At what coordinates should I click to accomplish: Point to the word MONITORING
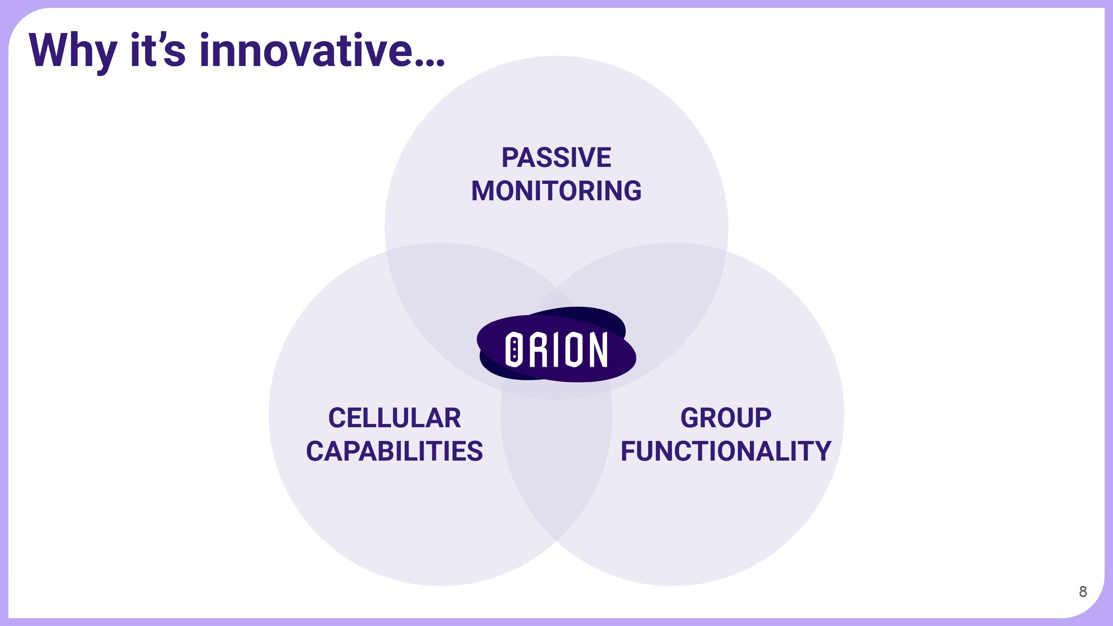[x=556, y=191]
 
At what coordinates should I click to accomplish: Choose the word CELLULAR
[x=394, y=418]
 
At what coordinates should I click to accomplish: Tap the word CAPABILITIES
[x=394, y=451]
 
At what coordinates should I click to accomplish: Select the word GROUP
[x=726, y=418]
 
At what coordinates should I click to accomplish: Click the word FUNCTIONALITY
[x=726, y=451]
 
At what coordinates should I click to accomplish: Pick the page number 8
[x=1083, y=592]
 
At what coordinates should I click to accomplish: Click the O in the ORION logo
[x=514, y=349]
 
